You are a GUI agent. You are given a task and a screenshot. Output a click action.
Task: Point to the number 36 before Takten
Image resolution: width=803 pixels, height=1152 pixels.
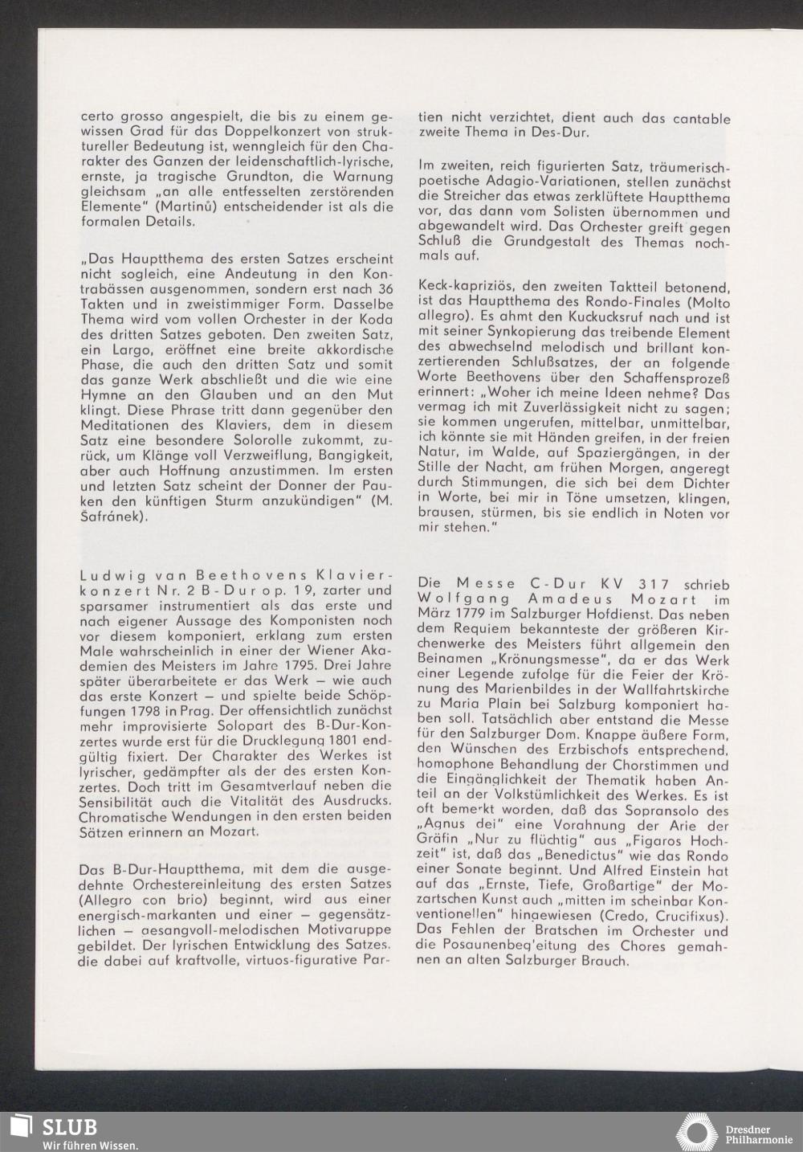[385, 288]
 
